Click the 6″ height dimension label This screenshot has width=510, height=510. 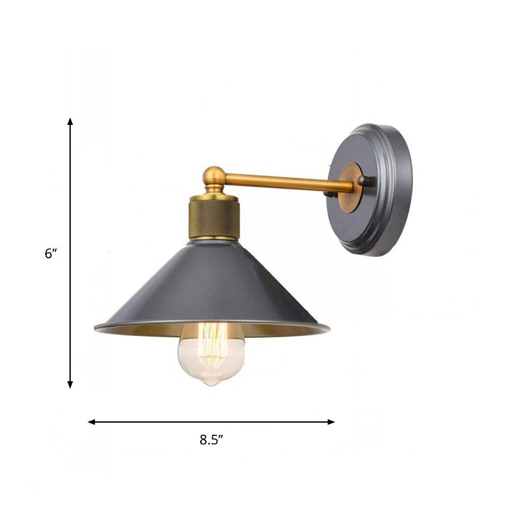coord(50,253)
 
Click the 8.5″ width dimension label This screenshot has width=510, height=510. coord(211,439)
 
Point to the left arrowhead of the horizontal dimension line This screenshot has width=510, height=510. coord(91,422)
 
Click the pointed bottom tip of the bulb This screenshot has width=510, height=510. coord(211,386)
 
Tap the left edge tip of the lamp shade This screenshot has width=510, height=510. coord(96,328)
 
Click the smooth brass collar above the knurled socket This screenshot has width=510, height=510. coord(214,193)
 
